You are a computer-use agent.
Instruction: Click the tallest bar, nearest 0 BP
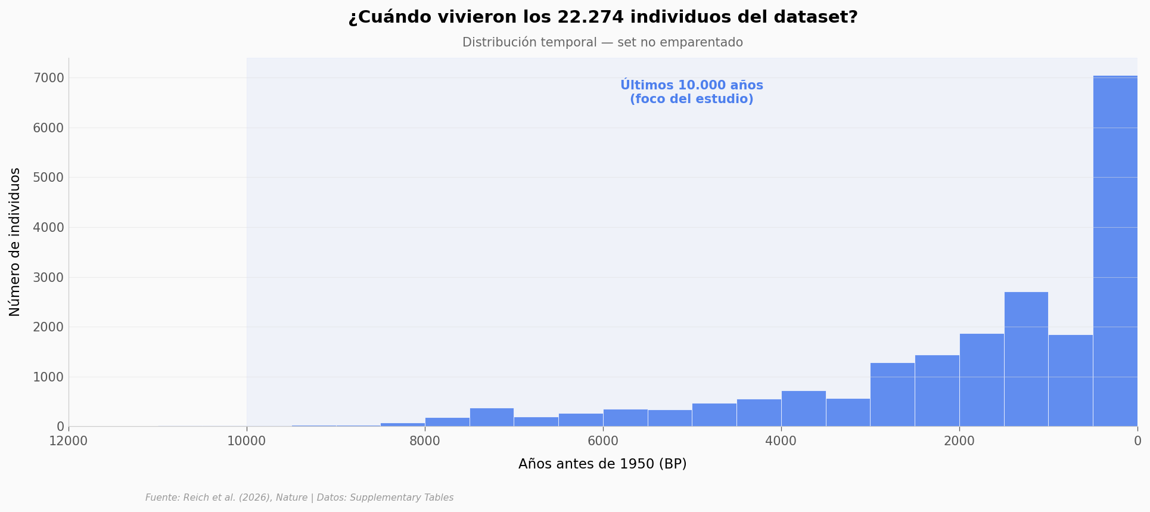(1115, 250)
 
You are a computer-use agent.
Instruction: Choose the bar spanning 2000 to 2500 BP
(937, 390)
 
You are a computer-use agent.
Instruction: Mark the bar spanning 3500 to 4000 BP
(803, 408)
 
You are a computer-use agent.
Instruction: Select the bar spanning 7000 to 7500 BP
(492, 417)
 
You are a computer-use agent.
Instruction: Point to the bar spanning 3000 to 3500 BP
(848, 412)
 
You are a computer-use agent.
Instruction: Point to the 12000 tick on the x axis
(69, 441)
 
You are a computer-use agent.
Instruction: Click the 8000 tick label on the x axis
(425, 441)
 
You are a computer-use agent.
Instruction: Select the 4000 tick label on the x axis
(781, 441)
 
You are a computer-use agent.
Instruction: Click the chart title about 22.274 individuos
(602, 17)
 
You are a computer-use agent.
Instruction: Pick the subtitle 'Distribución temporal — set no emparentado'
(602, 42)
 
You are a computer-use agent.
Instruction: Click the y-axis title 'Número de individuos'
(15, 242)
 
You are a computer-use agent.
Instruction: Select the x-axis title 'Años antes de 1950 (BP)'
(602, 464)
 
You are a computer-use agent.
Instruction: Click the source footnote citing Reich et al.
(299, 498)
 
